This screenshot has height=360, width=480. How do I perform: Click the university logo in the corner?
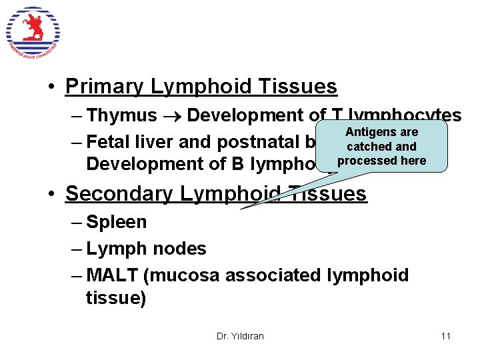(33, 33)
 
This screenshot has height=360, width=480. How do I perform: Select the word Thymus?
(122, 115)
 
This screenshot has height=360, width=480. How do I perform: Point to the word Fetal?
(110, 142)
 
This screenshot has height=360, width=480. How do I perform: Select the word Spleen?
(117, 222)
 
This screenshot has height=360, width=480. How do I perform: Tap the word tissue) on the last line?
(116, 298)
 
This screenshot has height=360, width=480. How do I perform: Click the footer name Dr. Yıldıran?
(240, 336)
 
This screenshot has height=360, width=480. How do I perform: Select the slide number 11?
(445, 335)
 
